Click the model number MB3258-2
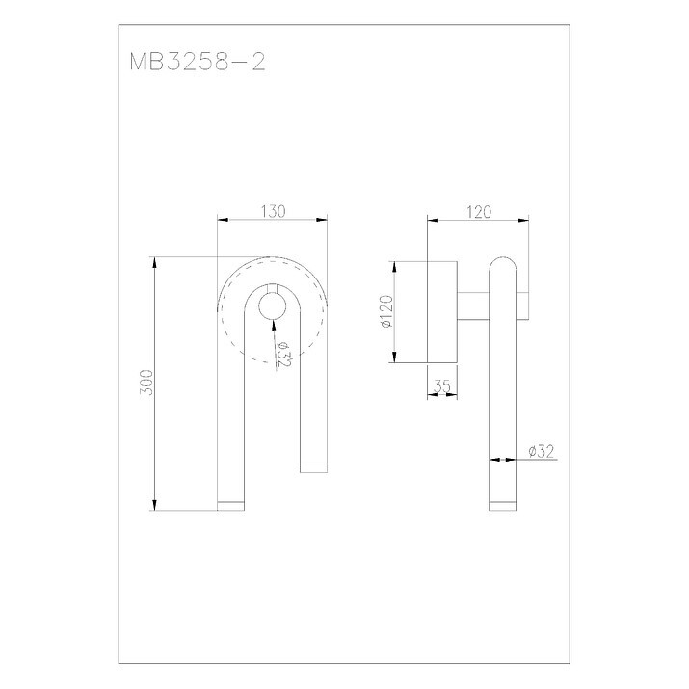tap(198, 62)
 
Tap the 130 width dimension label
tap(274, 211)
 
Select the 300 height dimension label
tap(146, 383)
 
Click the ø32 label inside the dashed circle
tap(284, 355)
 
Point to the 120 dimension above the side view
tap(479, 212)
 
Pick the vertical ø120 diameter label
tap(385, 311)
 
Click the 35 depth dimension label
tap(442, 386)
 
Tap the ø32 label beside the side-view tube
tap(542, 451)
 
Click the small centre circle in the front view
tap(273, 305)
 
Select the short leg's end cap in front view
tap(314, 468)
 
